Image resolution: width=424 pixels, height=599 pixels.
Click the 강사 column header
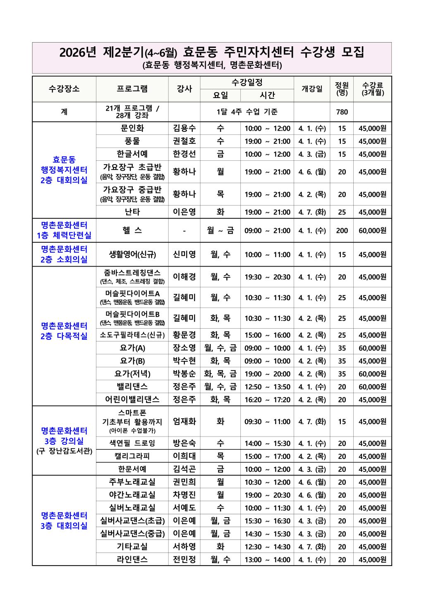(184, 89)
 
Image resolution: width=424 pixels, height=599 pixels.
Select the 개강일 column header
(312, 89)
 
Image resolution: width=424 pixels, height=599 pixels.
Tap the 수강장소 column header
(64, 89)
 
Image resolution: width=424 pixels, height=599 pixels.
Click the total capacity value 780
(342, 112)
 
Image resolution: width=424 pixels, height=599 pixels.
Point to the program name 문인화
(132, 128)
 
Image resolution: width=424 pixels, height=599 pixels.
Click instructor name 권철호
(184, 141)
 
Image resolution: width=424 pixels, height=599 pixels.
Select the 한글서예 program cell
(132, 154)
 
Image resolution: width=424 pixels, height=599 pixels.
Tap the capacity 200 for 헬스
(342, 231)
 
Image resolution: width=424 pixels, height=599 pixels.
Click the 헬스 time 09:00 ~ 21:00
(267, 231)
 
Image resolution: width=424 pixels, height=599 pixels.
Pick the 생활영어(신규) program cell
(132, 255)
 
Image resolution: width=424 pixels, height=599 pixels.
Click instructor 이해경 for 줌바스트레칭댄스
(184, 277)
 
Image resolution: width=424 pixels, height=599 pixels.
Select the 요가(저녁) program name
(132, 374)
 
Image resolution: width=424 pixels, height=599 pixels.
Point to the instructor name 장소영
(184, 348)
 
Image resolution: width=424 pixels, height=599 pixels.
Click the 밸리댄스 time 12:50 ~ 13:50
(267, 387)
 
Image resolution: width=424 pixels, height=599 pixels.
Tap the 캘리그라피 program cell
(132, 456)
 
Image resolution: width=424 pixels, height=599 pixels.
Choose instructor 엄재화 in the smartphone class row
(184, 422)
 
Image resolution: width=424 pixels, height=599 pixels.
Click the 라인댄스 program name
(132, 560)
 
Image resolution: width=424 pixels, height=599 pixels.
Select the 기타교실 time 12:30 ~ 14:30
(267, 547)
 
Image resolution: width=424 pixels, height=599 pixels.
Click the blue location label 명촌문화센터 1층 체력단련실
(64, 231)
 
